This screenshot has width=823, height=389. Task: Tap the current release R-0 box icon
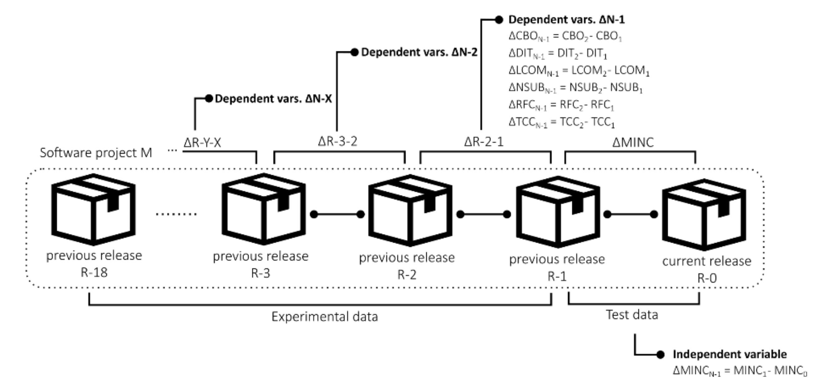(x=704, y=215)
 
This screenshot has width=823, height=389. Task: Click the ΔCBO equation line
(x=565, y=36)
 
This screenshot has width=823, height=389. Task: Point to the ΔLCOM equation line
(x=579, y=71)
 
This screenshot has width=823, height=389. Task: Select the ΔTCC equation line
(x=561, y=122)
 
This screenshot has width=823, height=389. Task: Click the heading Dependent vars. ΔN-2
(x=419, y=52)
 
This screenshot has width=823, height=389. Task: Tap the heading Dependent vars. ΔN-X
(x=273, y=98)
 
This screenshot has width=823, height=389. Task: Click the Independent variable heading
(x=730, y=354)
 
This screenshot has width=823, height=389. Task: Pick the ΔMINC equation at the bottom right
(x=740, y=371)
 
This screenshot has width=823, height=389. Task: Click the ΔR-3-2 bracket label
(x=337, y=141)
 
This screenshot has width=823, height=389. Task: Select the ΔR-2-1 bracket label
(x=484, y=142)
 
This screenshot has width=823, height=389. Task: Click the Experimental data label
(x=325, y=317)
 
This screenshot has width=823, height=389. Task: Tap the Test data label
(x=632, y=315)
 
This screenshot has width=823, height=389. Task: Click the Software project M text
(x=96, y=153)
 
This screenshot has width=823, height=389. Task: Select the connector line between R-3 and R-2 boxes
(x=337, y=214)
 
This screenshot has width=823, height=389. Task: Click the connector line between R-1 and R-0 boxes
(x=630, y=214)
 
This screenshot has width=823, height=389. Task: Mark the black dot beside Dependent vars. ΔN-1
(x=499, y=20)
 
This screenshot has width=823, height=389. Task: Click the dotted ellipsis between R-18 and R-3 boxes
(x=176, y=214)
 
